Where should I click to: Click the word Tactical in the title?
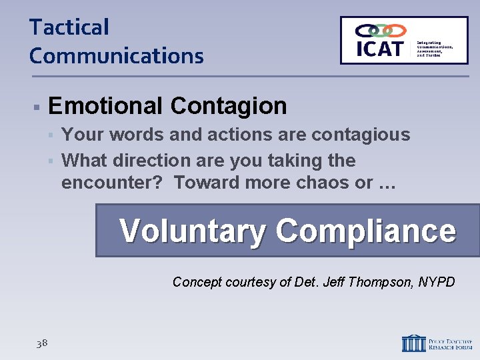pyautogui.click(x=69, y=27)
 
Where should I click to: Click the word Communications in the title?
pyautogui.click(x=116, y=55)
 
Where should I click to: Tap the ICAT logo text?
pyautogui.click(x=380, y=49)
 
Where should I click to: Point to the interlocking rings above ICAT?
pyautogui.click(x=380, y=31)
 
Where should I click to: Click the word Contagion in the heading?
pyautogui.click(x=229, y=106)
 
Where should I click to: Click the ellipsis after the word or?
pyautogui.click(x=387, y=183)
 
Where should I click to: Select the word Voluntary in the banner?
pyautogui.click(x=193, y=231)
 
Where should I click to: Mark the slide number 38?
pyautogui.click(x=42, y=343)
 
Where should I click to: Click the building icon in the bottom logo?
pyautogui.click(x=413, y=343)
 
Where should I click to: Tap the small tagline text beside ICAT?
pyautogui.click(x=434, y=49)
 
